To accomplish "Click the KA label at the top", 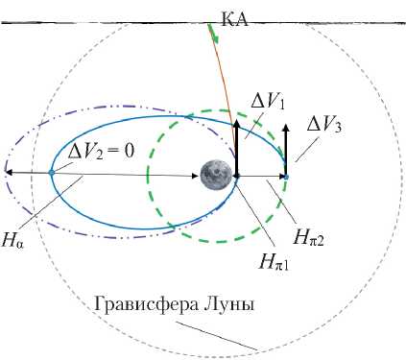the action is [x=234, y=21].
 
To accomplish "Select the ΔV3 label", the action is [x=324, y=126].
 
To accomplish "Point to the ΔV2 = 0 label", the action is [x=100, y=152].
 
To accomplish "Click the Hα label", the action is [x=12, y=241].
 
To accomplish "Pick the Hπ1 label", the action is [x=275, y=263].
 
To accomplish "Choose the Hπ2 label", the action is [x=309, y=238].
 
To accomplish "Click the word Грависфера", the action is [x=146, y=305].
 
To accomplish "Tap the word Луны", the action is [x=228, y=304].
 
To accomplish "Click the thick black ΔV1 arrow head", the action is [x=236, y=124].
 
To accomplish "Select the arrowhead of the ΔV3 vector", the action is [x=286, y=128].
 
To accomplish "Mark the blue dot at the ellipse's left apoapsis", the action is [x=52, y=173].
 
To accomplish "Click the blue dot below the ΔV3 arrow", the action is [x=286, y=177].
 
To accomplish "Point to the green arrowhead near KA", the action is [x=216, y=38].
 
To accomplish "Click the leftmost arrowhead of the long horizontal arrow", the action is [x=9, y=173].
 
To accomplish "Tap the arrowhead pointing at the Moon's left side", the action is [x=195, y=176].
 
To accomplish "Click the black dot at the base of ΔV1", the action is [x=237, y=176].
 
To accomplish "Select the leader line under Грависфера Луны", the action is [x=217, y=336].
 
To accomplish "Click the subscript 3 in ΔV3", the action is [x=339, y=129].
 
